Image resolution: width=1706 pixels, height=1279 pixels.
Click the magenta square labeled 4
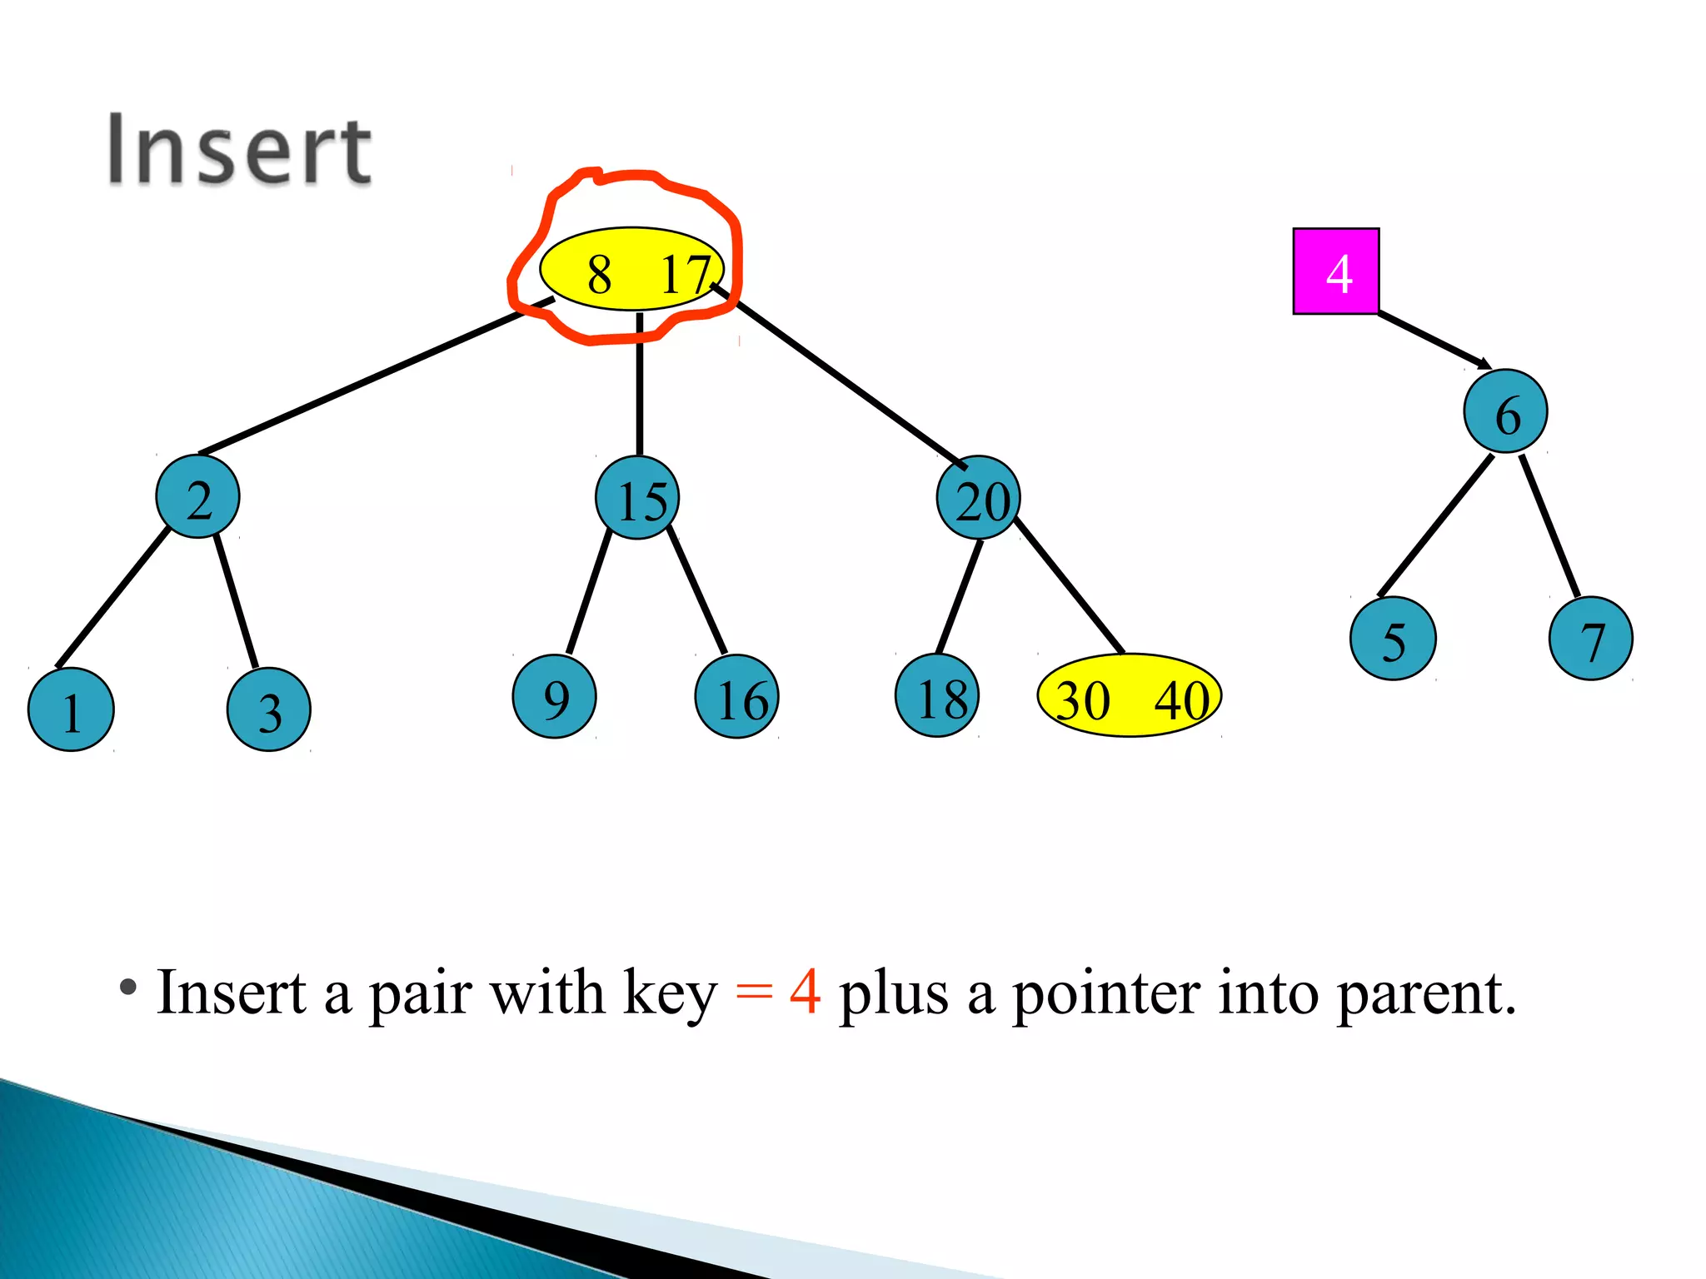[1335, 271]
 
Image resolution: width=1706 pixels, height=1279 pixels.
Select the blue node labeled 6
[1505, 411]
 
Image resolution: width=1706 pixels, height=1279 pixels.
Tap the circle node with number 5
[1393, 639]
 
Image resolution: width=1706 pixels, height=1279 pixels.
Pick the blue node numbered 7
[1590, 639]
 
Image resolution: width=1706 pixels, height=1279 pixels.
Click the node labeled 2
[198, 497]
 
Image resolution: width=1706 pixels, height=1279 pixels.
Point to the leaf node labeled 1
[71, 709]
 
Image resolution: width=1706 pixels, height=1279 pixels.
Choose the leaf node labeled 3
[268, 709]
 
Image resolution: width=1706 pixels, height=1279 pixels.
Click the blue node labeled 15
[638, 498]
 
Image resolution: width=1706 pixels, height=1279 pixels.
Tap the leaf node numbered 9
[555, 696]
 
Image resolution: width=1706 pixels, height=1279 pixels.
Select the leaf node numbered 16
[737, 697]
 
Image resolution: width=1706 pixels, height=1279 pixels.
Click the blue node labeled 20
[979, 498]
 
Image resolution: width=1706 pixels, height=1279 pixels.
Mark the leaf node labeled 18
[937, 696]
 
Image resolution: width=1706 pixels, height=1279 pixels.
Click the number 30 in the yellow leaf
[1083, 699]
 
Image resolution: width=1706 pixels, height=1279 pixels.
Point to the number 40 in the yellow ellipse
[1181, 699]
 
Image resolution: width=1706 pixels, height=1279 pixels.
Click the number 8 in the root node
[599, 274]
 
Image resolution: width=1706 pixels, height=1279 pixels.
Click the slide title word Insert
[239, 151]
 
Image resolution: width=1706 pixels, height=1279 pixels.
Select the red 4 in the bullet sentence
[805, 992]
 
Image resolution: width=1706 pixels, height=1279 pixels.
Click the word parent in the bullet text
[1424, 993]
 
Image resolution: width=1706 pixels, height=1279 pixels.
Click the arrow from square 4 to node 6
[1433, 340]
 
